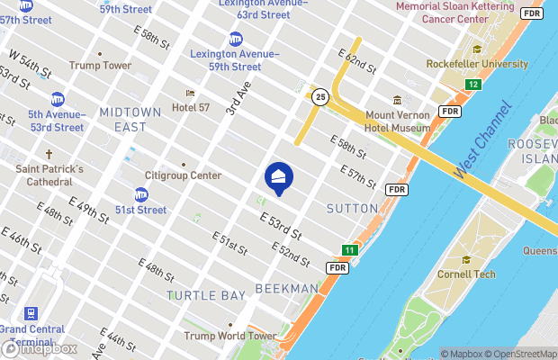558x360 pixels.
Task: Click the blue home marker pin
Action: point(278,177)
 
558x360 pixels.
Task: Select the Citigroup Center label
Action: point(184,175)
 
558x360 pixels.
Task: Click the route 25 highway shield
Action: point(319,96)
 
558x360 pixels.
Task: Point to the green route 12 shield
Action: point(472,85)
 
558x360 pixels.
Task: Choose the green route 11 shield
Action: point(349,249)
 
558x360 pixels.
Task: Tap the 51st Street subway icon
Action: point(141,194)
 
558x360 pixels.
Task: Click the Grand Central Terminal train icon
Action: point(31,313)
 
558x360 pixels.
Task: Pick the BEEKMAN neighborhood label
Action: point(287,288)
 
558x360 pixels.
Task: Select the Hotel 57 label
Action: point(191,107)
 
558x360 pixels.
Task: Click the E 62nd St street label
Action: point(357,62)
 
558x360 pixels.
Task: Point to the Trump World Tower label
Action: point(229,336)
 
